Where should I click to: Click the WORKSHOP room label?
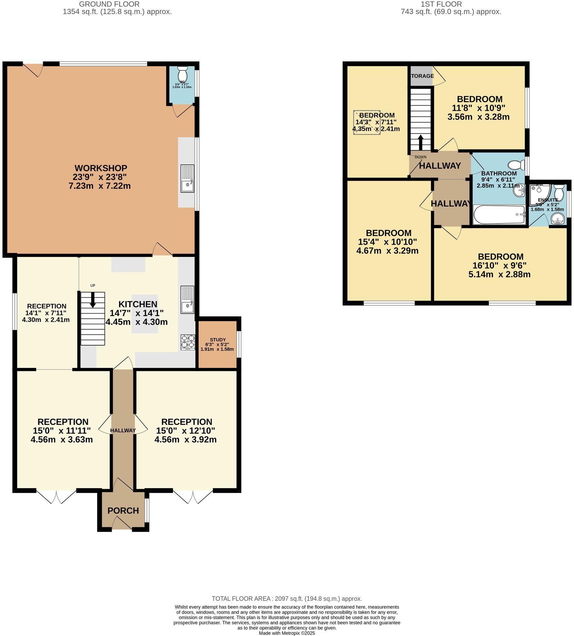coord(101,168)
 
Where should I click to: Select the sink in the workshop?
coord(187,178)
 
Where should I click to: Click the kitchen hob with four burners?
coord(188,341)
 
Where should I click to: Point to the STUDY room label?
coord(218,339)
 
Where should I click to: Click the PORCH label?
coord(123,510)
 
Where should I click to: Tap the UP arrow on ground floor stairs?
coord(93,300)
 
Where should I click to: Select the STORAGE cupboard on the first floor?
coord(421,76)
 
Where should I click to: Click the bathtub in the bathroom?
coord(499,215)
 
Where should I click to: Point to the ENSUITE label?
coord(548,200)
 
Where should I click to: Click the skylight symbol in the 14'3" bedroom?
coord(366,122)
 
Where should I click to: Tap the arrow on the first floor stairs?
coord(420,142)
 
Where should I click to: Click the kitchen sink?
coord(187,300)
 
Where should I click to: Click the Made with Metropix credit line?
coord(287,633)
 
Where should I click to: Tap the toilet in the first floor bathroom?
coord(516,165)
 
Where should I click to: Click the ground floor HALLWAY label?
coord(123,430)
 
